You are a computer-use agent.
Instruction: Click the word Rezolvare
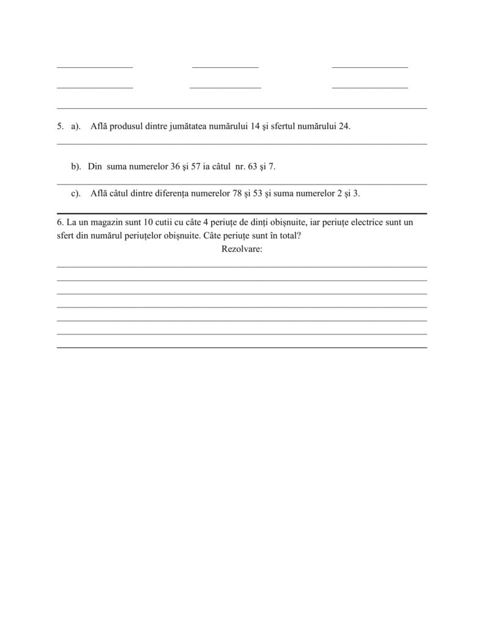[x=241, y=249]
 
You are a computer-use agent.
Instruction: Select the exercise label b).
[x=76, y=166]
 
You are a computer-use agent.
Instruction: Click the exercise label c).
[x=76, y=194]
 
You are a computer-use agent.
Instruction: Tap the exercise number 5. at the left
[x=60, y=127]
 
